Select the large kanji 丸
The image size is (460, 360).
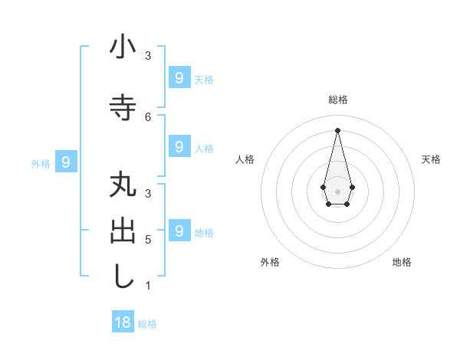point(123,188)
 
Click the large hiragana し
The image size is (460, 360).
point(123,277)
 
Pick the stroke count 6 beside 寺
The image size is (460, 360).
point(148,116)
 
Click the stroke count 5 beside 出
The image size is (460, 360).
point(148,240)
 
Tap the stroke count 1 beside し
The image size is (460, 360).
point(148,286)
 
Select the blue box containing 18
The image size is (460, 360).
point(123,322)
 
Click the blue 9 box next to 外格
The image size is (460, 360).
point(67,162)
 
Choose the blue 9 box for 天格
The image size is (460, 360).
point(179,77)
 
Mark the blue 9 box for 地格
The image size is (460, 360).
point(179,231)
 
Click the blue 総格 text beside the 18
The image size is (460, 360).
point(147,323)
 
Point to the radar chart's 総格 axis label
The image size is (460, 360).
point(338,100)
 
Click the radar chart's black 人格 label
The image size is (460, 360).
point(245,159)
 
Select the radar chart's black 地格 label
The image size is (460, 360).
point(402,262)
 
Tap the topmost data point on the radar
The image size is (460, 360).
point(337,129)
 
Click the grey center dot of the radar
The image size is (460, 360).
point(337,191)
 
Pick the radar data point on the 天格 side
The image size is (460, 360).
point(352,187)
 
